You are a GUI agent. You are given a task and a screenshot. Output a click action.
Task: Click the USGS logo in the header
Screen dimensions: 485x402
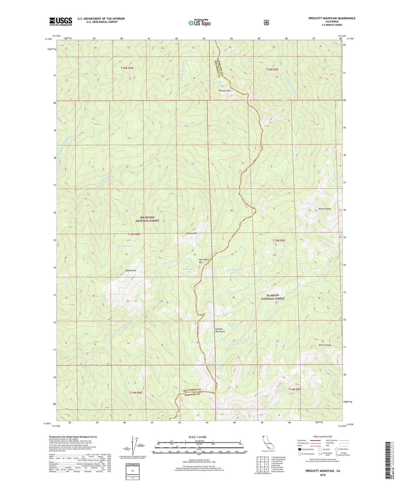[x=61, y=21]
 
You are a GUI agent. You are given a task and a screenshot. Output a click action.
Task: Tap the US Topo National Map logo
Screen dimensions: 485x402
[x=199, y=23]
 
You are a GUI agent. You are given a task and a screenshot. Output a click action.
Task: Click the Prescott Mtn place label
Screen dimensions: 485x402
[x=225, y=91]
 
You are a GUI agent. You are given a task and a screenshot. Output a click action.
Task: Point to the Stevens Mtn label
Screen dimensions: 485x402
[x=192, y=233]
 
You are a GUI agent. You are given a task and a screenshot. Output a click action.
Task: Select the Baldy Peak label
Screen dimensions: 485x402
[x=131, y=270]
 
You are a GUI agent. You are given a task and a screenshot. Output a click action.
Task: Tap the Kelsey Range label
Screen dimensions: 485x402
[x=325, y=209]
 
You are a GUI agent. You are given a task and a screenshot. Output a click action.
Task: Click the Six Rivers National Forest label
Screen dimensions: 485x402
[x=147, y=219]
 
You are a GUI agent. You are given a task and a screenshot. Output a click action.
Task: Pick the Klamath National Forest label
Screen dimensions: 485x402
[x=272, y=297]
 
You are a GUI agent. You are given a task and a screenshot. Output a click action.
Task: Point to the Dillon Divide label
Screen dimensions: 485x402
[x=325, y=345]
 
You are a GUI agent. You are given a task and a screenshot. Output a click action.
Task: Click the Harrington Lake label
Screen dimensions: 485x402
[x=189, y=270]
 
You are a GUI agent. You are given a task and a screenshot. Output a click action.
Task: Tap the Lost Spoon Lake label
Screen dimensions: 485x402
[x=232, y=271]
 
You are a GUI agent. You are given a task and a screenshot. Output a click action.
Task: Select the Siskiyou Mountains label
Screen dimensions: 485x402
[x=220, y=330]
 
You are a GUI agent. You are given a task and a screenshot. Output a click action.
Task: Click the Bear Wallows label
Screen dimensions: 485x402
[x=125, y=246]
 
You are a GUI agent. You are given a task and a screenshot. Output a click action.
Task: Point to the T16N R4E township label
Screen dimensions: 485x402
[x=127, y=68]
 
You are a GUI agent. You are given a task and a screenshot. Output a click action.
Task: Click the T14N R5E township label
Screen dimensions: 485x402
[x=295, y=389]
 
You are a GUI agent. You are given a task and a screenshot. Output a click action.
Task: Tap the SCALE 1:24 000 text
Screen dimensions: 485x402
[x=197, y=437]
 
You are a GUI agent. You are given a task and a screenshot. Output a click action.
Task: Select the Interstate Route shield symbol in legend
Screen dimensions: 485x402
[x=299, y=449]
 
